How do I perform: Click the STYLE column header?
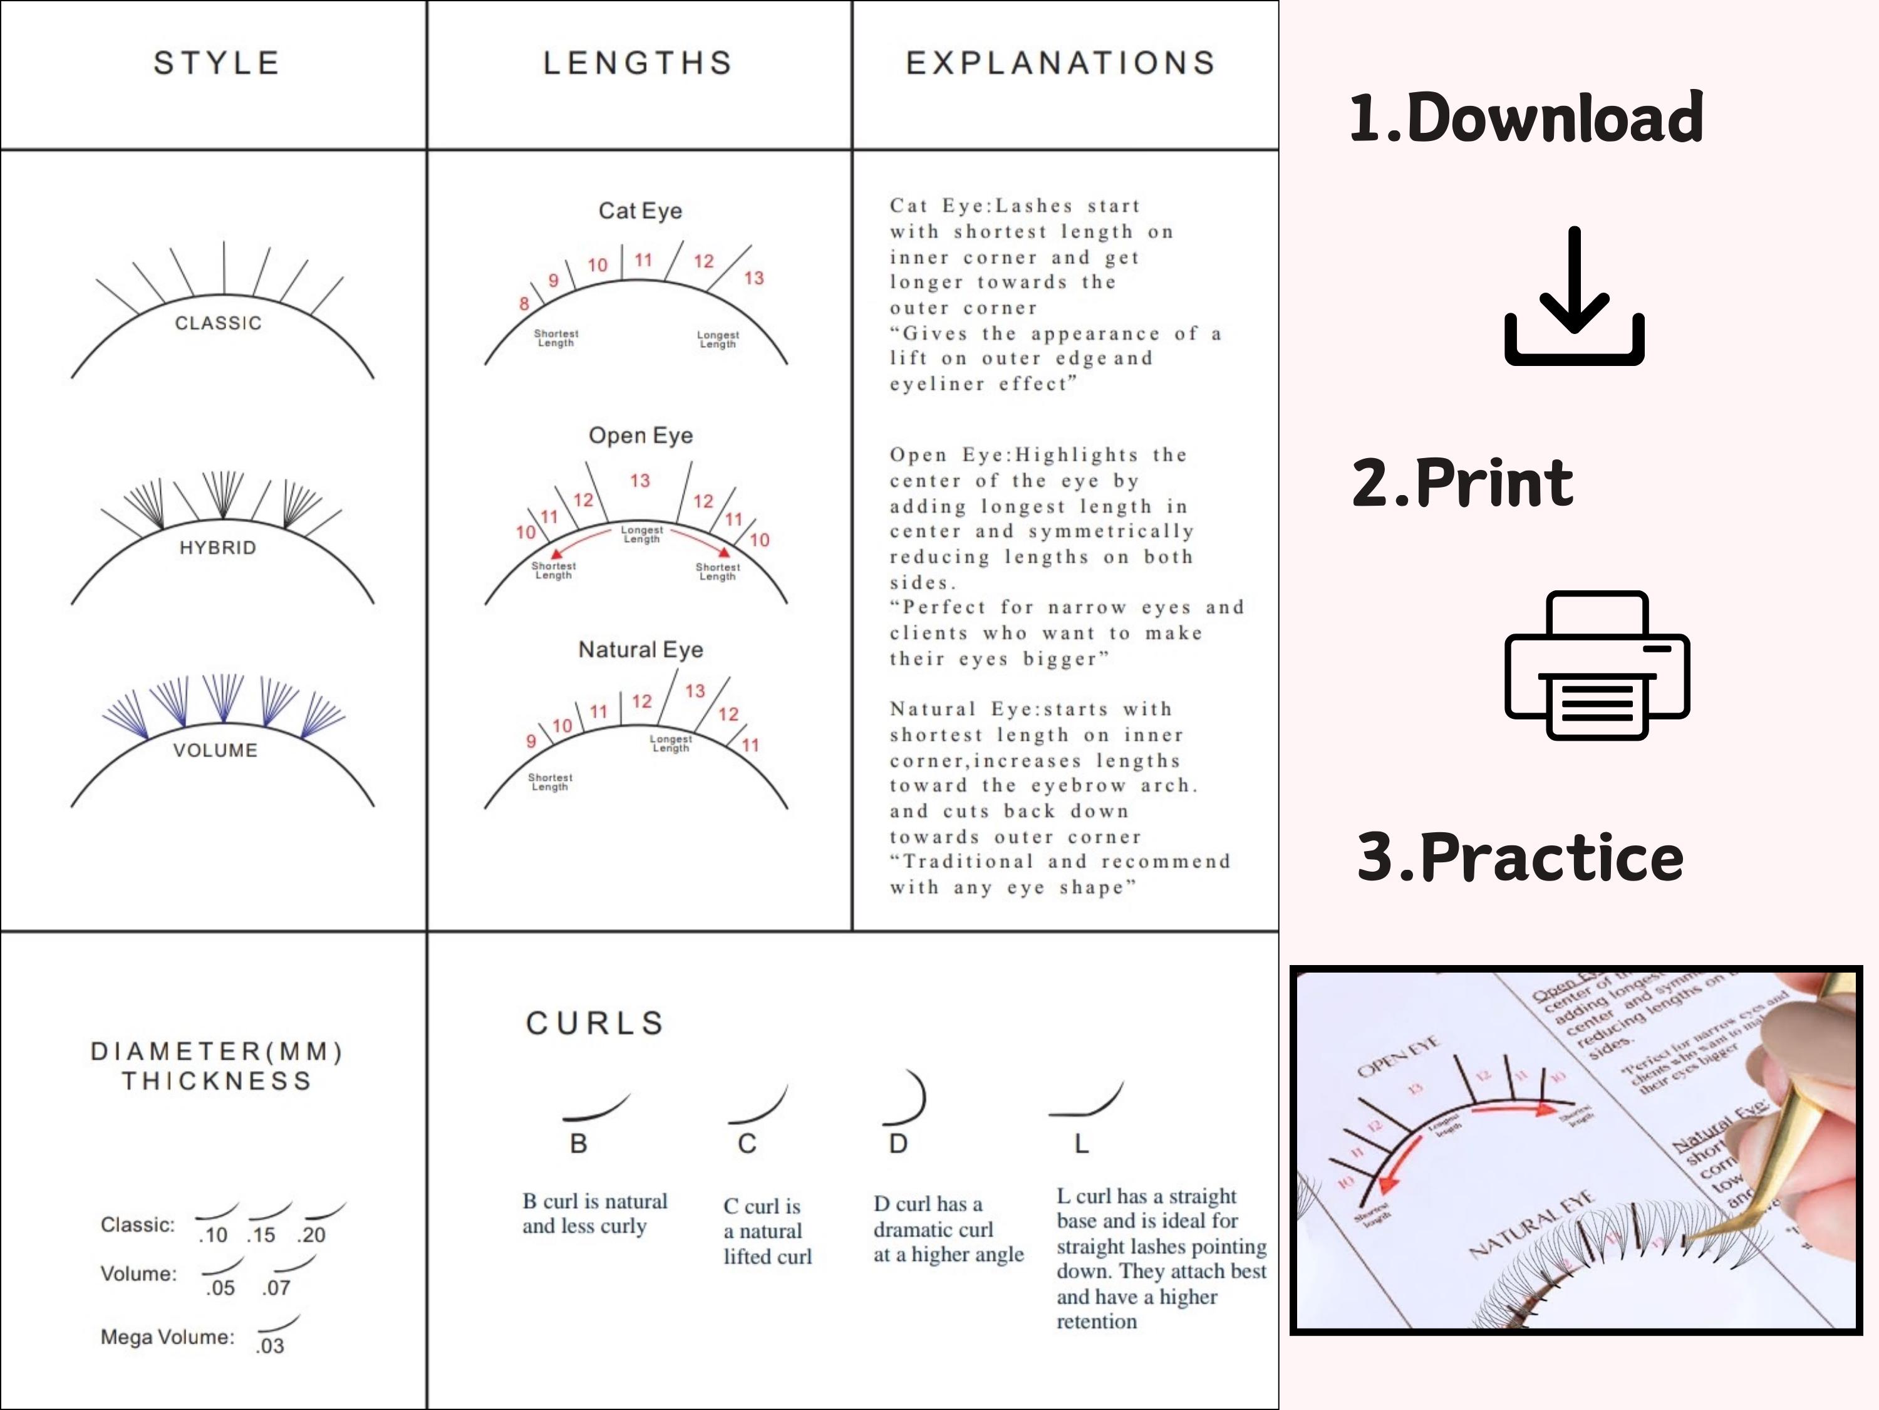217,63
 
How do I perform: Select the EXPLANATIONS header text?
1060,63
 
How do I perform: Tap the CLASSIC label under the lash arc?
219,323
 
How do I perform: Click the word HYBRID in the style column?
217,547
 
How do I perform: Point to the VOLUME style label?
215,751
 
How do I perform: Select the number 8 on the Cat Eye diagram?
524,303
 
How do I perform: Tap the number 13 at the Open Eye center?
639,481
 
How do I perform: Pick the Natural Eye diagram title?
641,649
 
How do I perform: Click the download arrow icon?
1574,298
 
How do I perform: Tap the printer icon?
1597,665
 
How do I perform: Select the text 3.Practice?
1521,857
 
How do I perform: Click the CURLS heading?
594,1023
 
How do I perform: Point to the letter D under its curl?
898,1144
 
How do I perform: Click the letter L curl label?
1081,1144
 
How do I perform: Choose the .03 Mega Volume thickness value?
270,1346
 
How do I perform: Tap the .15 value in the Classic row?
262,1235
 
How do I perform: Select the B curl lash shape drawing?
596,1107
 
